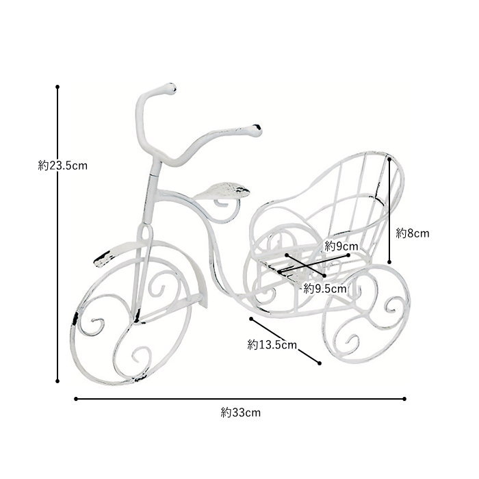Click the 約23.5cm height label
click(x=63, y=166)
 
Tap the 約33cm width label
click(x=241, y=413)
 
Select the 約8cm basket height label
click(x=413, y=233)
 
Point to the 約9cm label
click(x=341, y=246)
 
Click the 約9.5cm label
click(x=325, y=288)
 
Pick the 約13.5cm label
click(x=272, y=345)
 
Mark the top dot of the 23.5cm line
click(x=57, y=87)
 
